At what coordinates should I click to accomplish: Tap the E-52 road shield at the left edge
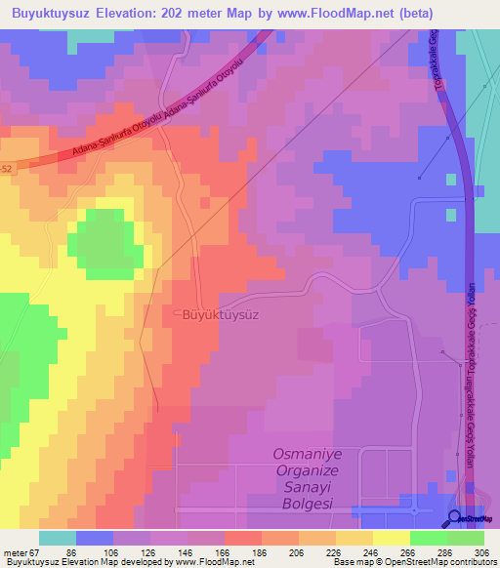[6, 168]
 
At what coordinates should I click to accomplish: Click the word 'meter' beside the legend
[13, 552]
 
